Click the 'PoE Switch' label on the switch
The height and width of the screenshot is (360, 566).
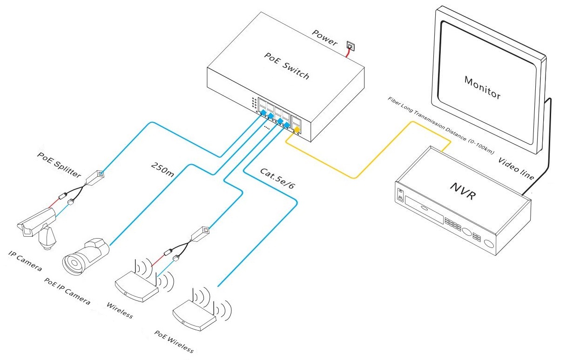[x=286, y=67]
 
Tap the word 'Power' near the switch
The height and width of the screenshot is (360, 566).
[x=324, y=38]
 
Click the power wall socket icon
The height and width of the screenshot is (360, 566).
[x=350, y=46]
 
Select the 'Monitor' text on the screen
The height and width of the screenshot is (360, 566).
[x=483, y=87]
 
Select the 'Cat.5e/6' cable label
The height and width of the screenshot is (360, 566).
[x=277, y=179]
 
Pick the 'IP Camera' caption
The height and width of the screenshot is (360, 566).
[x=26, y=261]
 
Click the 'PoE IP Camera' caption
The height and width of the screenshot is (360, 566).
[x=67, y=291]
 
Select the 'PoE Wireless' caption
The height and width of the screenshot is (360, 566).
[x=174, y=342]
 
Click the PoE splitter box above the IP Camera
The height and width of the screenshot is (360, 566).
[x=95, y=176]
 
